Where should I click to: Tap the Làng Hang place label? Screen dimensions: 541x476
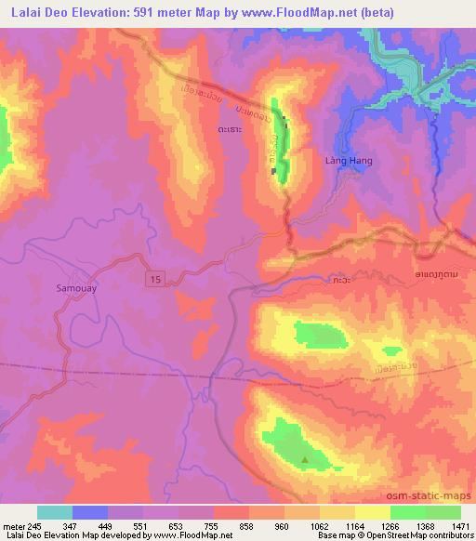(350, 161)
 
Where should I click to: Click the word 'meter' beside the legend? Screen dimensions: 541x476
(12, 525)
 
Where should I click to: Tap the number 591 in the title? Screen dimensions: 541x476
(126, 12)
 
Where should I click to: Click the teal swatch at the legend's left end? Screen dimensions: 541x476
(54, 512)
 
